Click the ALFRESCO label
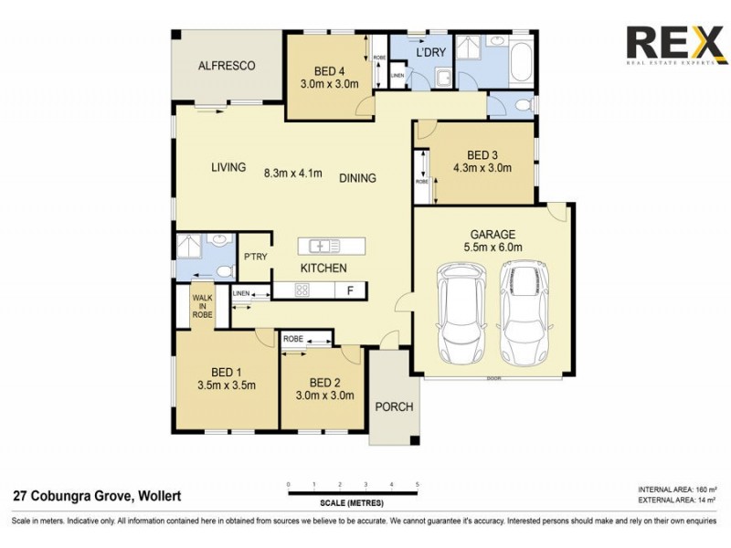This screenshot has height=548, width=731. (x=227, y=66)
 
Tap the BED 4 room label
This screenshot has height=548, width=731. (x=330, y=70)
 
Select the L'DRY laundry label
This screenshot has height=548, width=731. (x=430, y=52)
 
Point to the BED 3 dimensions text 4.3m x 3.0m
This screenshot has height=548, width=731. (x=482, y=168)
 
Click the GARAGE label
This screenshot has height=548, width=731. (x=493, y=234)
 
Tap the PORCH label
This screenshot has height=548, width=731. (x=395, y=406)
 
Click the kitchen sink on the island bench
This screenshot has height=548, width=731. (x=324, y=246)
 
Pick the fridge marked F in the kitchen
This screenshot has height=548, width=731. (x=349, y=291)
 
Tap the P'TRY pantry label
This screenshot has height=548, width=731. (x=255, y=257)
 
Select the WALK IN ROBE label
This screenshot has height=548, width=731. (x=202, y=306)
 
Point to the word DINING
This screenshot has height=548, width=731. (x=357, y=178)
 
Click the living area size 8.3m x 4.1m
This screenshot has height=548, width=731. (x=292, y=173)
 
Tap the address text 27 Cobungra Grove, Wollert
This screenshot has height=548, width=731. (x=97, y=496)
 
